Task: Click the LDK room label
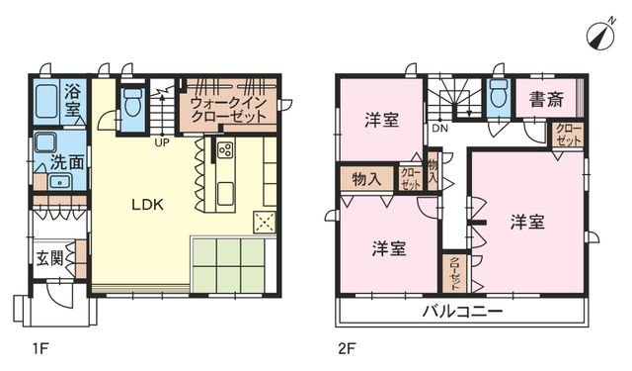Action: [147, 205]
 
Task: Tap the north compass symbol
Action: [600, 36]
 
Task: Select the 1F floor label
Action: [40, 348]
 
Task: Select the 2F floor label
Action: [347, 348]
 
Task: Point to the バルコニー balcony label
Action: [463, 312]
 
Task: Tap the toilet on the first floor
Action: [132, 102]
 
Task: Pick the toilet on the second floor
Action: [499, 94]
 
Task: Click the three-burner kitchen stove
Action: [225, 149]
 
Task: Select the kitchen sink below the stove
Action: [225, 194]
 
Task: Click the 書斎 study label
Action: [546, 99]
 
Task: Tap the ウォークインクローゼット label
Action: [228, 109]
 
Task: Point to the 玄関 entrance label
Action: [49, 258]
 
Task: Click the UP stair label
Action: [162, 142]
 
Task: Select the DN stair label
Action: [439, 129]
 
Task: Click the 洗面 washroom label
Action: [67, 162]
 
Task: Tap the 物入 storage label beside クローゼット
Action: [366, 179]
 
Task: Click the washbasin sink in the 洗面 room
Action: [59, 182]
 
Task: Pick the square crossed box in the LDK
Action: [264, 222]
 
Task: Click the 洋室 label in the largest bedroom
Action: [527, 222]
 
